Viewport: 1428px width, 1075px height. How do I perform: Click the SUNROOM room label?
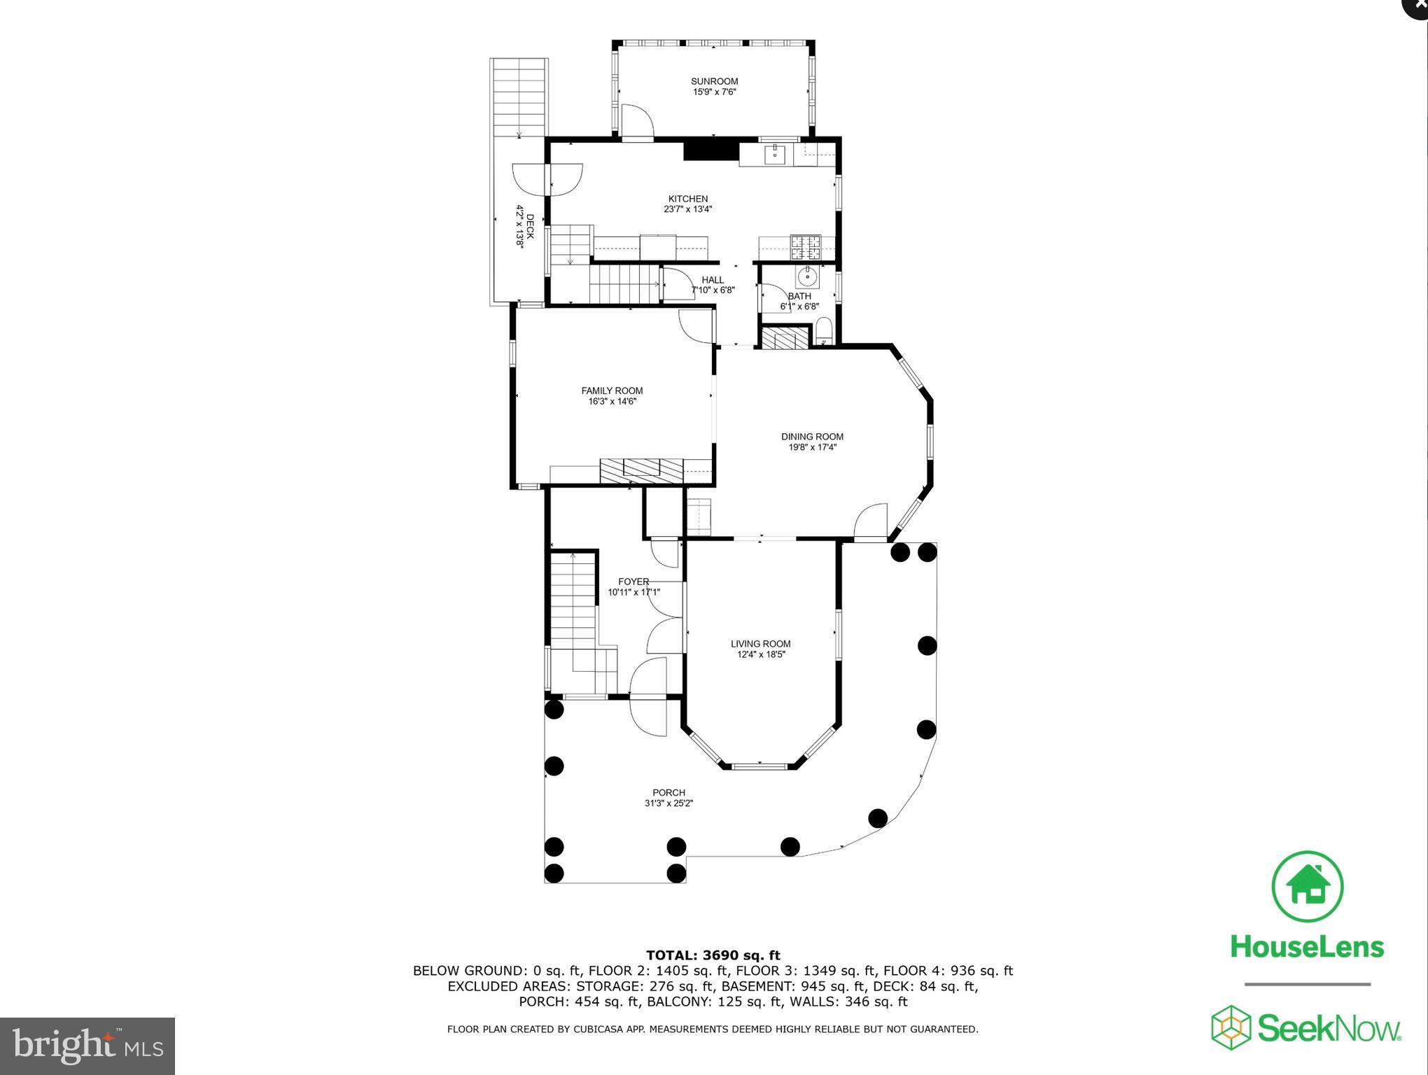[714, 81]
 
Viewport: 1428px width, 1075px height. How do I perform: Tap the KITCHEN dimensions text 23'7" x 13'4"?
[687, 209]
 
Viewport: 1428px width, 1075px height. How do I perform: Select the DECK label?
[530, 227]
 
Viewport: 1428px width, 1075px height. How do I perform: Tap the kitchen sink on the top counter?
[775, 154]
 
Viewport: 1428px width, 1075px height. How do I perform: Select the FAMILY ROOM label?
[612, 391]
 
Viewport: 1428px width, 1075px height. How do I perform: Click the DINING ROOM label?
[812, 436]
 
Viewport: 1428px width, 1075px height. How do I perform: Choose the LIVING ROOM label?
[760, 643]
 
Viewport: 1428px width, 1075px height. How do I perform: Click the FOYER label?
[633, 582]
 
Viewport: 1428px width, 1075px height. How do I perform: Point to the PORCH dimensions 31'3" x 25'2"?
[668, 803]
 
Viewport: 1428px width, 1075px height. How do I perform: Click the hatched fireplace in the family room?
[641, 470]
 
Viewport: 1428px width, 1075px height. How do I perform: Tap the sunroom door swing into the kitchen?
[637, 122]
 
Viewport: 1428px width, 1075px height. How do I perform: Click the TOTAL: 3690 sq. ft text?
[713, 955]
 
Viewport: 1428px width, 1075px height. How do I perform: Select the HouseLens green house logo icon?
[1307, 886]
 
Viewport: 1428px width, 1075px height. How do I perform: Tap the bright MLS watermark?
[87, 1046]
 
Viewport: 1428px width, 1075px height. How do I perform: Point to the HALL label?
[713, 280]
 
